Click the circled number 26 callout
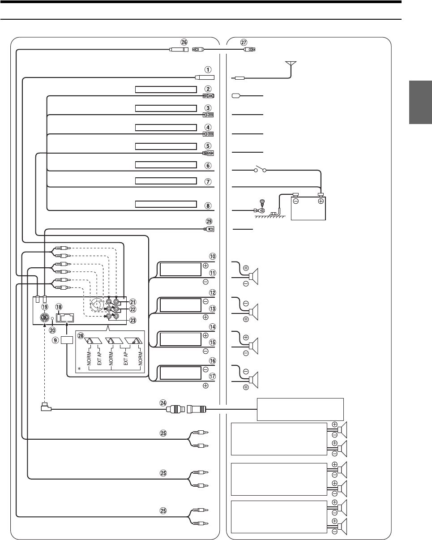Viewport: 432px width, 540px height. click(x=184, y=41)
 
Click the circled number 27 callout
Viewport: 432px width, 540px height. click(x=244, y=42)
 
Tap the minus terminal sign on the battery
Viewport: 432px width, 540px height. click(x=296, y=201)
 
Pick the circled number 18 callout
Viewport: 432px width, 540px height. click(x=59, y=306)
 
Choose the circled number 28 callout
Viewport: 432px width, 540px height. click(x=81, y=335)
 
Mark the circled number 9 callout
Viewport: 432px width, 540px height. click(x=56, y=339)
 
